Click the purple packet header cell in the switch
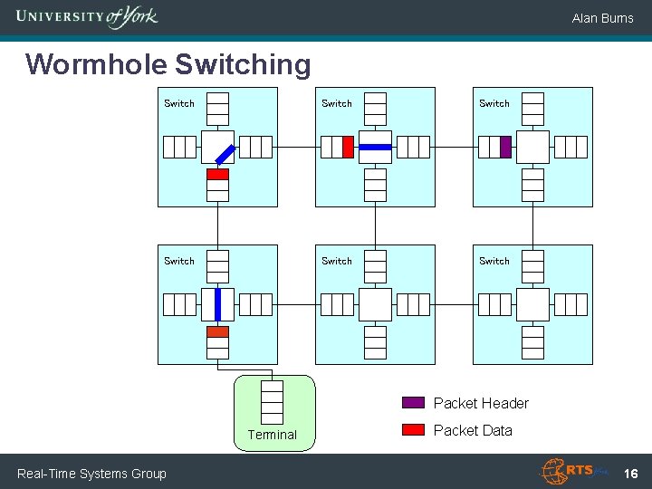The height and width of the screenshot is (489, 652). pos(505,148)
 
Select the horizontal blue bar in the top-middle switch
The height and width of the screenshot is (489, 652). pos(375,148)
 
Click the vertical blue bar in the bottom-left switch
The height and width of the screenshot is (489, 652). pos(218,304)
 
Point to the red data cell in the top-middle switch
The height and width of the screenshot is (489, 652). pos(348,148)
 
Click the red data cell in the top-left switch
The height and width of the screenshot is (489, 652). pos(218,174)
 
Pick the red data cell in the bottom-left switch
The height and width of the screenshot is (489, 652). pos(218,331)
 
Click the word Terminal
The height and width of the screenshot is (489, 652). pos(273,435)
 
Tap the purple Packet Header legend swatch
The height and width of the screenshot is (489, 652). pos(413,402)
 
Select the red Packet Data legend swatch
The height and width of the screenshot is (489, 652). pos(413,429)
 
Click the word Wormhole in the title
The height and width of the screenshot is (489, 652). pos(97,64)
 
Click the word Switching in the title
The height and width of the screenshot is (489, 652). pos(243,65)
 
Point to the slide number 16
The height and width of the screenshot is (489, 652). pos(631,474)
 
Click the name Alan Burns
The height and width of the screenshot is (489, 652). pos(602,18)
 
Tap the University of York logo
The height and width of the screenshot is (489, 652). pos(87,17)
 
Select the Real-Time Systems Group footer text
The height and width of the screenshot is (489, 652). pos(91,474)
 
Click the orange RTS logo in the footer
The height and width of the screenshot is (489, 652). pos(574,471)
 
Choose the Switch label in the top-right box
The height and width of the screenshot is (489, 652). pos(494,103)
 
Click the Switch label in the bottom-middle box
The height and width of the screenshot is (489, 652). pos(337,261)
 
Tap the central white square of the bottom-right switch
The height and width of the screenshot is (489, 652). pos(532,305)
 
